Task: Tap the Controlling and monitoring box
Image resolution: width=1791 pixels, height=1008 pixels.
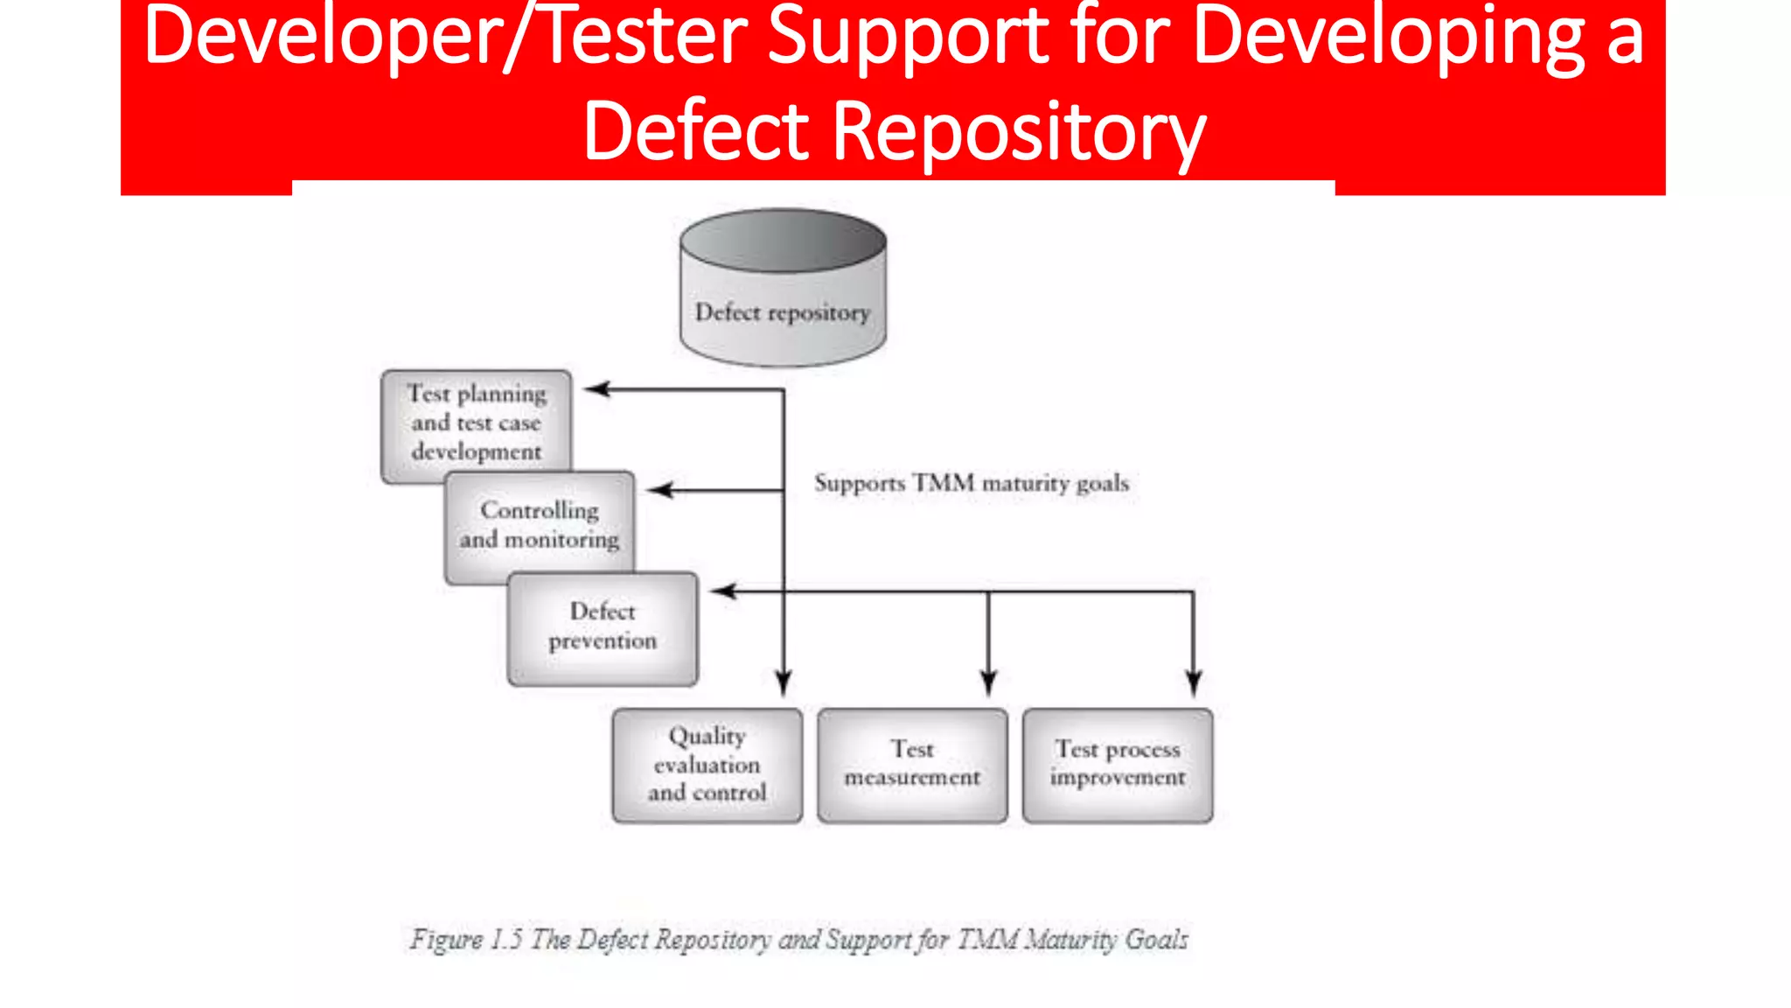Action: pyautogui.click(x=540, y=525)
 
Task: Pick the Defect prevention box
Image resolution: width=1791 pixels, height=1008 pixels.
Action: pyautogui.click(x=603, y=626)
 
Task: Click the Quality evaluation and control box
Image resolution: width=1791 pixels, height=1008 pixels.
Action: pyautogui.click(x=707, y=765)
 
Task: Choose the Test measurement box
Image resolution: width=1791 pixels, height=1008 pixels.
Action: pyautogui.click(x=912, y=765)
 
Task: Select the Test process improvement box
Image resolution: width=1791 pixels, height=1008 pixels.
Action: pyautogui.click(x=1118, y=765)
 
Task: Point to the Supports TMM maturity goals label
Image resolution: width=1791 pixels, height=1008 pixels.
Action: pyautogui.click(x=971, y=483)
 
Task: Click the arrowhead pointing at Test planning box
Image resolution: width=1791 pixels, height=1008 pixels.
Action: pyautogui.click(x=596, y=389)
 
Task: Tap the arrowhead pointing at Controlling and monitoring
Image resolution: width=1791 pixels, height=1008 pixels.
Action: pyautogui.click(x=659, y=490)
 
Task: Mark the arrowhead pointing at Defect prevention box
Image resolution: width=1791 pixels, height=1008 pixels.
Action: pyautogui.click(x=722, y=591)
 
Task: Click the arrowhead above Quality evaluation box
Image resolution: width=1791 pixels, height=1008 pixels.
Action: pyautogui.click(x=784, y=682)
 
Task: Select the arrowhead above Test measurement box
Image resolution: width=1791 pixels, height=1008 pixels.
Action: pyautogui.click(x=989, y=682)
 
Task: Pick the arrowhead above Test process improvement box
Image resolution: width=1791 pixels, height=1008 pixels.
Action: pyautogui.click(x=1194, y=682)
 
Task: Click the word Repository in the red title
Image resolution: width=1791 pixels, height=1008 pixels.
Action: pyautogui.click(x=1019, y=131)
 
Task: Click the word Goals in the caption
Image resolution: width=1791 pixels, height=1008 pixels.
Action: pyautogui.click(x=1156, y=940)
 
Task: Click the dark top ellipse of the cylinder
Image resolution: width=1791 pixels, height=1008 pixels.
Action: pyautogui.click(x=783, y=240)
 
